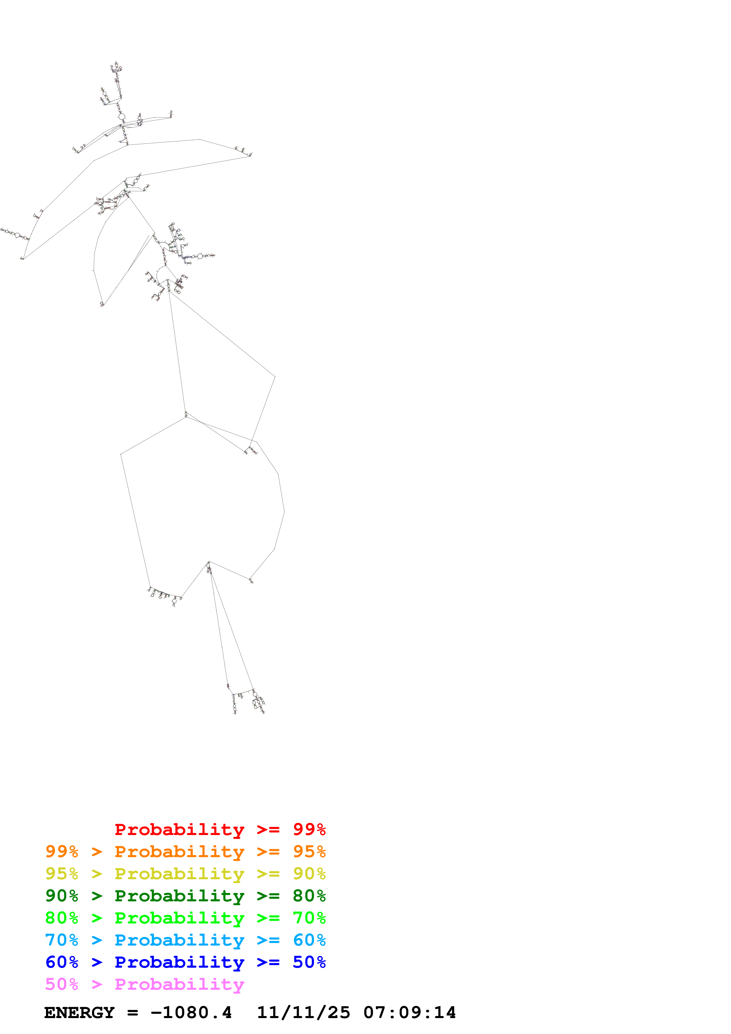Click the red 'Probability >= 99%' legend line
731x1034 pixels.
point(220,829)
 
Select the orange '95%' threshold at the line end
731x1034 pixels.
point(309,852)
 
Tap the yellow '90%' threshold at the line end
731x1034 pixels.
point(309,874)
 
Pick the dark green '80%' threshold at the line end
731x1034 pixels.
point(309,896)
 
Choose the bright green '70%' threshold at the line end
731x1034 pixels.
point(309,918)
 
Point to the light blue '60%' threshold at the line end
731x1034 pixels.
point(309,940)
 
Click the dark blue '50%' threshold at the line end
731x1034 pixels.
point(309,962)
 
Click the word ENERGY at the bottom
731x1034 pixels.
point(79,1013)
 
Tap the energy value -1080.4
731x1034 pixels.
point(191,1013)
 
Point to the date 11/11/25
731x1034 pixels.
point(303,1013)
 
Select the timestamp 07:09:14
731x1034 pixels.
point(409,1013)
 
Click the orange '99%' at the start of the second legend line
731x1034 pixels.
point(62,852)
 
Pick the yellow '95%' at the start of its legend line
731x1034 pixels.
point(62,874)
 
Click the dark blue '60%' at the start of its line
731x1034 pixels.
point(62,962)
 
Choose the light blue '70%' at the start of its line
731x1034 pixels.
point(62,940)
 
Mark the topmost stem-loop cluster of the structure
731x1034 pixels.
point(116,67)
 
